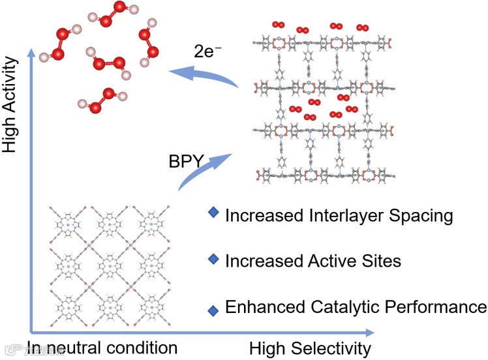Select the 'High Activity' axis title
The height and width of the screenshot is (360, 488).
tap(9, 104)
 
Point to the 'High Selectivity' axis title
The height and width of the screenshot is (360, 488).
tap(310, 348)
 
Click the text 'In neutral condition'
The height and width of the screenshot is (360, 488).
tap(102, 348)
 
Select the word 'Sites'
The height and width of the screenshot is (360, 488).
tap(381, 261)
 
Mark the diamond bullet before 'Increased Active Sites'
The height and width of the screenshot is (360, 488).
tap(212, 260)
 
